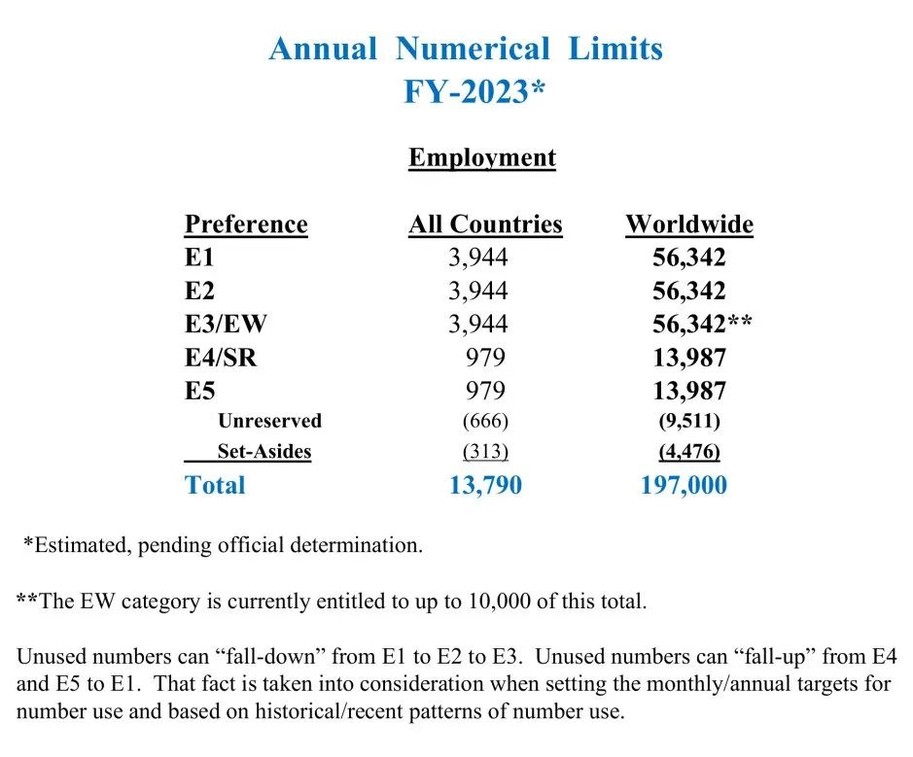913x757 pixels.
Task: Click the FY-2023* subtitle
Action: point(474,91)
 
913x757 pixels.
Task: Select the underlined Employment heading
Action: point(481,157)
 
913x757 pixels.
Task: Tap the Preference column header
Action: point(246,224)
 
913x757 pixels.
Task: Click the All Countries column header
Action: point(485,224)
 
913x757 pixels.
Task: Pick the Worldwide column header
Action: point(689,224)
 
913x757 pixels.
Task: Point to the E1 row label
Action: point(199,258)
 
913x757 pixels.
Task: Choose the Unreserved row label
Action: point(269,421)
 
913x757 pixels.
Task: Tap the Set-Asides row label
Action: point(263,452)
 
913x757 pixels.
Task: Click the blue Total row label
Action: point(215,485)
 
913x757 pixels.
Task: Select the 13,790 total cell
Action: point(485,485)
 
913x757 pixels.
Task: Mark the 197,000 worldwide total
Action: point(684,485)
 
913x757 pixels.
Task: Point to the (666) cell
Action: point(485,421)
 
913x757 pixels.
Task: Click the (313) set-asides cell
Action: point(485,452)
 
